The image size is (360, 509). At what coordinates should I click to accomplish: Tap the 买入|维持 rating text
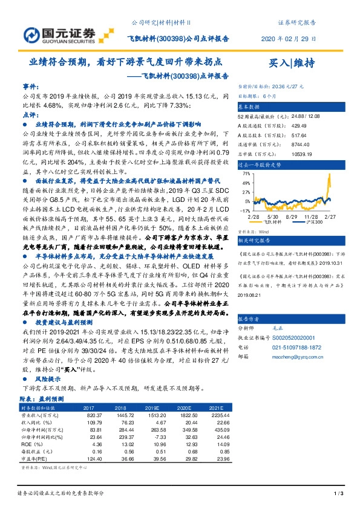pyautogui.click(x=292, y=63)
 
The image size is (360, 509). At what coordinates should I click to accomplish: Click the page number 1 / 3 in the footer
pyautogui.click(x=338, y=495)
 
